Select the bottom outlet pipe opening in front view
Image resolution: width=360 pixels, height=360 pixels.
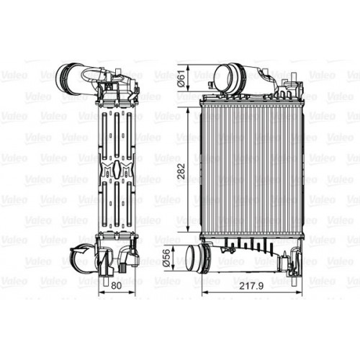click(x=194, y=257)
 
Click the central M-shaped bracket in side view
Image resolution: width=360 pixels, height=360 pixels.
click(x=114, y=171)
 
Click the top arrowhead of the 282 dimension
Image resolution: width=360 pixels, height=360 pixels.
click(x=189, y=102)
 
